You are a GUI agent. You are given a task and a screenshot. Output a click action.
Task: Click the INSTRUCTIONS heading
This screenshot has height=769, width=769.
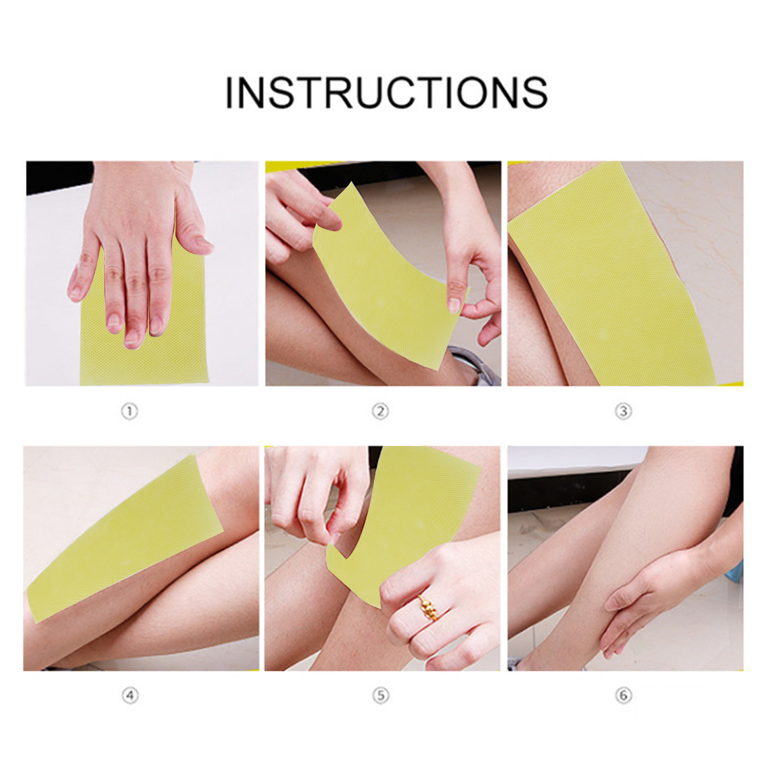coord(386,92)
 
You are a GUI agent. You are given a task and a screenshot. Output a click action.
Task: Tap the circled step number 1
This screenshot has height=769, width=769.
coord(129,411)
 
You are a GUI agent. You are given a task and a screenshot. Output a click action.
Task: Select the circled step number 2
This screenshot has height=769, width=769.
coord(380,411)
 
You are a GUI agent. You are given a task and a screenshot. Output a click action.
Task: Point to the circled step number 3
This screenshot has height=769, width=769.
coord(624,411)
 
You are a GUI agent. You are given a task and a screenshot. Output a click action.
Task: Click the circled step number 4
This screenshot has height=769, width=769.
coord(130,695)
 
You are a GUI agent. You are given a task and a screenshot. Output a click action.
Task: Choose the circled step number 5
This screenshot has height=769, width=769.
coord(380,695)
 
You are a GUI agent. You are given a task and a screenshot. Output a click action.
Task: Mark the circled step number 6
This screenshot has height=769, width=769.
coord(624,695)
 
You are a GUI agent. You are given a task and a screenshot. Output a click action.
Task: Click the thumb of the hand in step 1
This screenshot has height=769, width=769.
coord(193,231)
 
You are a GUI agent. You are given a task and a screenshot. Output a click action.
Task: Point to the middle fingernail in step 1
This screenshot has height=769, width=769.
coord(132,338)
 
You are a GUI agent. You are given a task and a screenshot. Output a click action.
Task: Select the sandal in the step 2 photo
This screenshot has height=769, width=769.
coord(473,366)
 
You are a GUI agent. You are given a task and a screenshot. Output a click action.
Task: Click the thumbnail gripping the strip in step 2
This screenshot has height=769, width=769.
coord(454,305)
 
